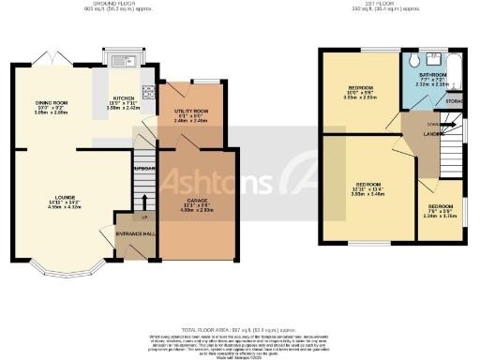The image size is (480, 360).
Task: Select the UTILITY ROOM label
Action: point(190,112)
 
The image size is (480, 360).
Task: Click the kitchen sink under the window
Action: point(124,63)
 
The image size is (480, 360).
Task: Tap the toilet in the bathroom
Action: point(416,59)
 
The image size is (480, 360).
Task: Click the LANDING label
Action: point(433,134)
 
